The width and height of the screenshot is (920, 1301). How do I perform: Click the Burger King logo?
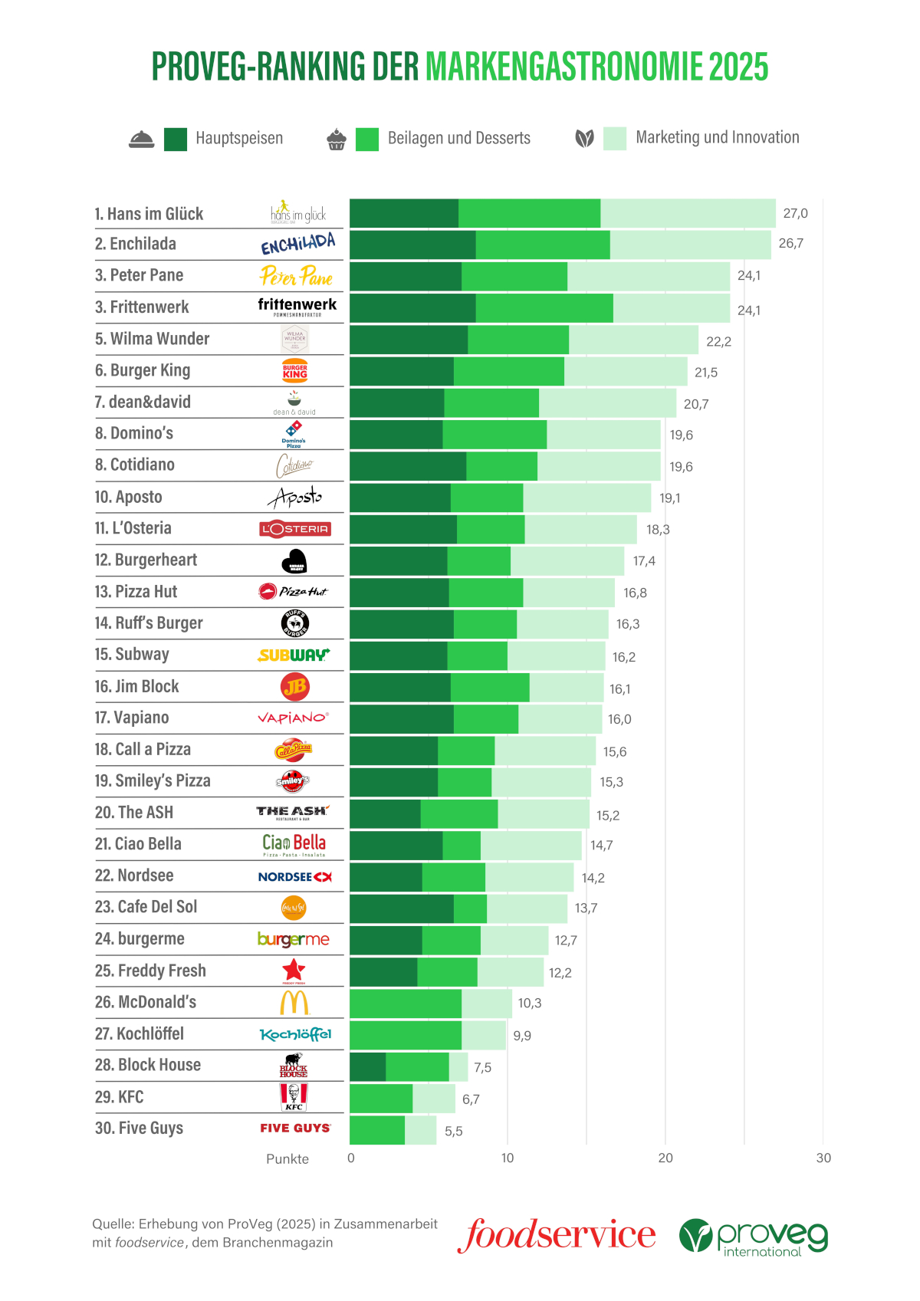pyautogui.click(x=295, y=370)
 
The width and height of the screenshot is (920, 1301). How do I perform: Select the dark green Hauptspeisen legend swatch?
pyautogui.click(x=176, y=139)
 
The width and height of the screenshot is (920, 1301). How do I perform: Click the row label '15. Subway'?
pyautogui.click(x=132, y=654)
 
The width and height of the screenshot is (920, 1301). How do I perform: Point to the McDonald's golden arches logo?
pyautogui.click(x=294, y=1002)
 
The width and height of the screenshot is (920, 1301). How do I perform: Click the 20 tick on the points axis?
pyautogui.click(x=665, y=1158)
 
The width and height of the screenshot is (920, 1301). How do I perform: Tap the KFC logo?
pyautogui.click(x=294, y=1097)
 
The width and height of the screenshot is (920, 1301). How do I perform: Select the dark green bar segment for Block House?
pyautogui.click(x=368, y=1066)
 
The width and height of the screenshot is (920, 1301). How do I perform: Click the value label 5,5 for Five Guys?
pyautogui.click(x=454, y=1131)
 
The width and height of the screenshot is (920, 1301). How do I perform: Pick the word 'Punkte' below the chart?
pyautogui.click(x=287, y=1159)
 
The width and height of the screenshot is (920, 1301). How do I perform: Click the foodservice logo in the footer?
pyautogui.click(x=557, y=1235)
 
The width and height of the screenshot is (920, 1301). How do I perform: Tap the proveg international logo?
pyautogui.click(x=754, y=1237)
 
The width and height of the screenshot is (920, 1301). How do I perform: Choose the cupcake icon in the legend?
pyautogui.click(x=337, y=140)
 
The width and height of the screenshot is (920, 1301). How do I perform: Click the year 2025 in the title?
pyautogui.click(x=738, y=67)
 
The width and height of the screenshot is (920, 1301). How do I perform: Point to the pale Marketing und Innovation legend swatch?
pyautogui.click(x=615, y=139)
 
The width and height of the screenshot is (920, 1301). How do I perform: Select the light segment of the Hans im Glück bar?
pyautogui.click(x=688, y=213)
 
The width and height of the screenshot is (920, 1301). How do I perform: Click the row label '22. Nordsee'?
pyautogui.click(x=134, y=876)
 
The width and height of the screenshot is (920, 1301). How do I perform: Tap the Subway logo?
pyautogui.click(x=294, y=655)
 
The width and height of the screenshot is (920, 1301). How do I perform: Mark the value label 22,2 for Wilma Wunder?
pyautogui.click(x=718, y=341)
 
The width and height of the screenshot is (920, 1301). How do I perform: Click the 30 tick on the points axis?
pyautogui.click(x=823, y=1158)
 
